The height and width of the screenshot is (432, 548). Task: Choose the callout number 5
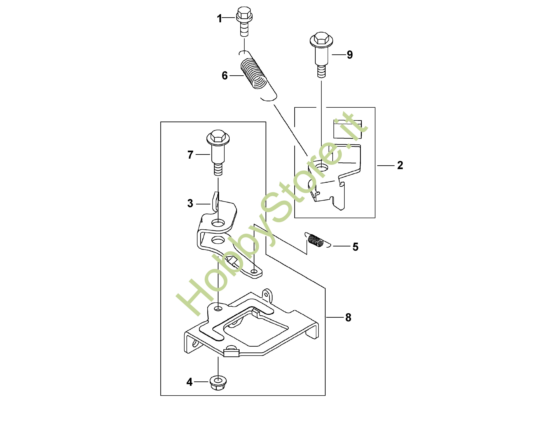click(x=355, y=247)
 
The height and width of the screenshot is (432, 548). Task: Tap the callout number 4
click(x=189, y=382)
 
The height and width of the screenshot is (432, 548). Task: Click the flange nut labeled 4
click(x=218, y=382)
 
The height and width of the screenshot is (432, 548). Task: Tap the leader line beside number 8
click(x=334, y=317)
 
